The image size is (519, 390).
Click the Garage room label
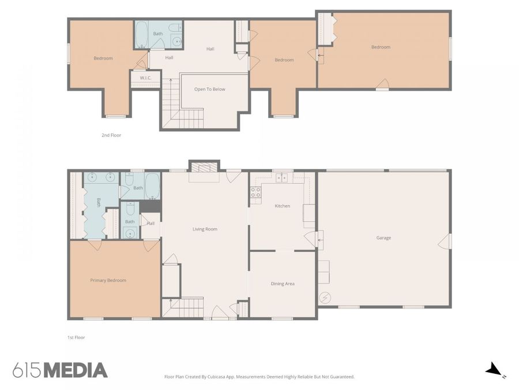tap(383, 238)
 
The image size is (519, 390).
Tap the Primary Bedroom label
tap(108, 280)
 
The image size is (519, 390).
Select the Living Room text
tap(205, 229)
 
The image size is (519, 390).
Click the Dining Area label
tap(283, 284)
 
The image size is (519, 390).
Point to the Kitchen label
tap(283, 206)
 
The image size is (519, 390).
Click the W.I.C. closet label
tap(145, 78)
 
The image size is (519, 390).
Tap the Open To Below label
tap(209, 89)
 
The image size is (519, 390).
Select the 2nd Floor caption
tap(111, 135)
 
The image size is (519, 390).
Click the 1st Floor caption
tap(76, 337)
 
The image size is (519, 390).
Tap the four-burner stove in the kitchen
tap(255, 192)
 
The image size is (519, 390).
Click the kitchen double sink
tap(282, 178)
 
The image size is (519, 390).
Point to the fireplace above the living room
tap(204, 166)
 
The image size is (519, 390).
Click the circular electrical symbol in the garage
tap(325, 298)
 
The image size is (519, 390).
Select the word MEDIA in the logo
tap(76, 370)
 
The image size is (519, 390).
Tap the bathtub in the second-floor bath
tap(141, 35)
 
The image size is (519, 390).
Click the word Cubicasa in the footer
tap(217, 377)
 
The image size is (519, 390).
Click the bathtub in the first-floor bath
tap(153, 186)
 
